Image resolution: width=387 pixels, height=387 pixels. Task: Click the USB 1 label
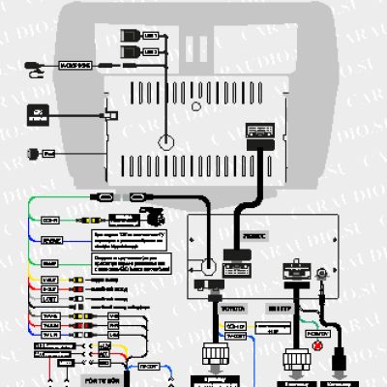[x=149, y=36]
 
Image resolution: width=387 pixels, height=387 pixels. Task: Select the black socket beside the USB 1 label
[x=130, y=36]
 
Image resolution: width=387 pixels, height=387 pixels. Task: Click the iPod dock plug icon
[x=35, y=153]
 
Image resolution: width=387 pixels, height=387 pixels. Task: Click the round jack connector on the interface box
[x=208, y=265]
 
